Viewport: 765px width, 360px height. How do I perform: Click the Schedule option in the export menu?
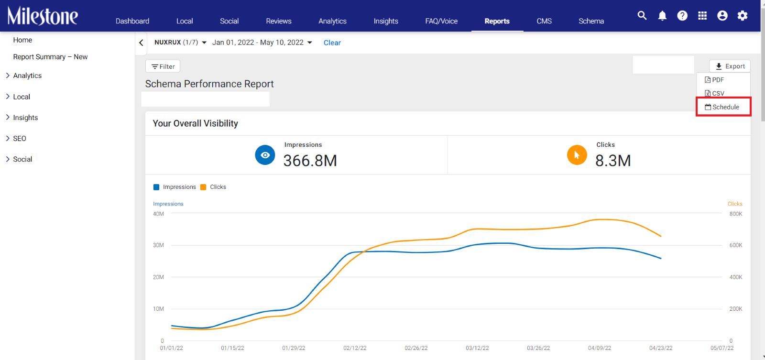coord(723,107)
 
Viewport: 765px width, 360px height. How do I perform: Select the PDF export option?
coord(714,79)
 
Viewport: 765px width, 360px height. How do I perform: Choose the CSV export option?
coord(714,93)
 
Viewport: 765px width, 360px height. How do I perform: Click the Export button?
coord(730,66)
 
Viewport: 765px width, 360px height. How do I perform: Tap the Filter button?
coord(163,66)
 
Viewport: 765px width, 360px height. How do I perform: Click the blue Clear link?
coord(332,43)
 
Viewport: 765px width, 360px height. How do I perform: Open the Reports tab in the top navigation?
coord(497,21)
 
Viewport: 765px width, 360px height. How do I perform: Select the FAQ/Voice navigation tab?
coord(441,21)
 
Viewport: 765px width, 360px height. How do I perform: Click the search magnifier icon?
coord(642,16)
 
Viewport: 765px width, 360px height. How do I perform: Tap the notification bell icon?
coord(662,16)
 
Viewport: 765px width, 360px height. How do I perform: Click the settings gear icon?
coord(743,16)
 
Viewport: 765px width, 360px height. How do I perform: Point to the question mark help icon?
coord(682,16)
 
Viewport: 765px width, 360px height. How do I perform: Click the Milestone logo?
coord(43,16)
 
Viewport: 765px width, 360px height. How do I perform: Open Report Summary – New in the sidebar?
coord(50,57)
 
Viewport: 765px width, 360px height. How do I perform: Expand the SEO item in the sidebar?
coord(20,138)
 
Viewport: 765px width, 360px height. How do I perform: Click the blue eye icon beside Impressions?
coord(265,155)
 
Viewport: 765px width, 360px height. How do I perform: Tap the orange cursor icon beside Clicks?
coord(577,155)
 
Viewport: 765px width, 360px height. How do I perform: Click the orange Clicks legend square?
coord(203,187)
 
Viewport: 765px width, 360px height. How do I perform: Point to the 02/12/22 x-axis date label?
coord(355,348)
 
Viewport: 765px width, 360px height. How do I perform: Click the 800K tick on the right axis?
coord(736,214)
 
